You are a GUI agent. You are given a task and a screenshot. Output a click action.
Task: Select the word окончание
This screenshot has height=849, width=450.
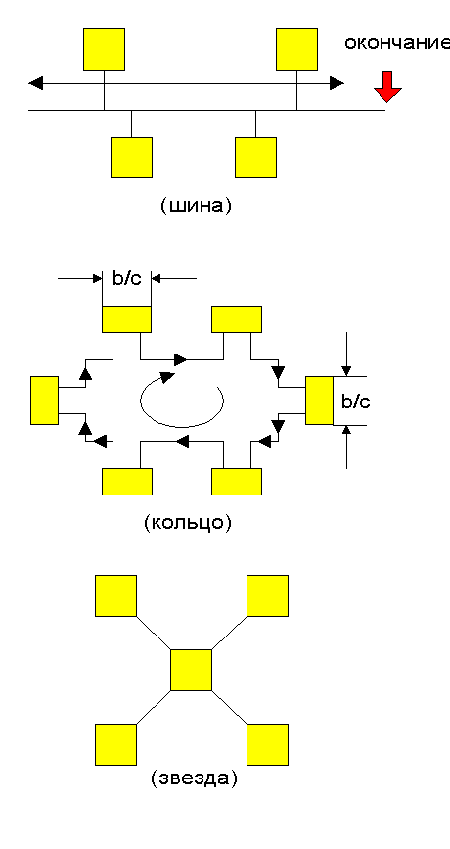(397, 43)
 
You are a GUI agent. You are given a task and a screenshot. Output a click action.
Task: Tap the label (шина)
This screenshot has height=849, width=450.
(197, 207)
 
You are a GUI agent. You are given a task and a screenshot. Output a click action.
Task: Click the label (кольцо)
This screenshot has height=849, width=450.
(188, 523)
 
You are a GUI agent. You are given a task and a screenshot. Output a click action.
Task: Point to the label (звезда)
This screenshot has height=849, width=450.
(194, 778)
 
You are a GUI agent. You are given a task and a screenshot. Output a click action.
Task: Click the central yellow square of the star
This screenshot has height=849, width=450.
(191, 671)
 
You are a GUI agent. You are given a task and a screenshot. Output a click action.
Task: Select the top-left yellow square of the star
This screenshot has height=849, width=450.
(115, 595)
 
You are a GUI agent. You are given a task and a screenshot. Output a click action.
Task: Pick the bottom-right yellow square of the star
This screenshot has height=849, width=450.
(267, 744)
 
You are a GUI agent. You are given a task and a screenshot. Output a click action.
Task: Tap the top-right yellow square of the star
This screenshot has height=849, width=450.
(267, 595)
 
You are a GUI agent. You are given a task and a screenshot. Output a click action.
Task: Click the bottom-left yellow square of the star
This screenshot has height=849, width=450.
(115, 744)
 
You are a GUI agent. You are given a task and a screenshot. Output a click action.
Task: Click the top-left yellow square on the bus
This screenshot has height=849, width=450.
(104, 49)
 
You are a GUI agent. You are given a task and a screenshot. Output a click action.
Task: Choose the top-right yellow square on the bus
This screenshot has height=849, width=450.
(296, 49)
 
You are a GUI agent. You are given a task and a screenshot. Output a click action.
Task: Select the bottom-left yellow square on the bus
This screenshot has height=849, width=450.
(131, 158)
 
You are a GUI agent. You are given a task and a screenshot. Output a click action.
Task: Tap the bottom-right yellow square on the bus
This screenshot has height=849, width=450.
(256, 158)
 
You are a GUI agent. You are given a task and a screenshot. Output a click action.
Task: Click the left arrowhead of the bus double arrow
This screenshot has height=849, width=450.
(35, 83)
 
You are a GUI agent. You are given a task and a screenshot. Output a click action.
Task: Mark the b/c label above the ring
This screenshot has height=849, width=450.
(126, 279)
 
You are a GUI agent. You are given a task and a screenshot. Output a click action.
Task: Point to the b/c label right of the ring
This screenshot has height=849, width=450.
(356, 401)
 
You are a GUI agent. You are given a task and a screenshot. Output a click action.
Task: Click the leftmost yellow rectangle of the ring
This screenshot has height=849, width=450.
(44, 401)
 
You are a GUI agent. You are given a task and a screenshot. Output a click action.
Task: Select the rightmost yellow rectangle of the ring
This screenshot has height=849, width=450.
(319, 401)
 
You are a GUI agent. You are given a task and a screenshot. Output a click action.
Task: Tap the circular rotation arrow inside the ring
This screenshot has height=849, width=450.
(182, 426)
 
